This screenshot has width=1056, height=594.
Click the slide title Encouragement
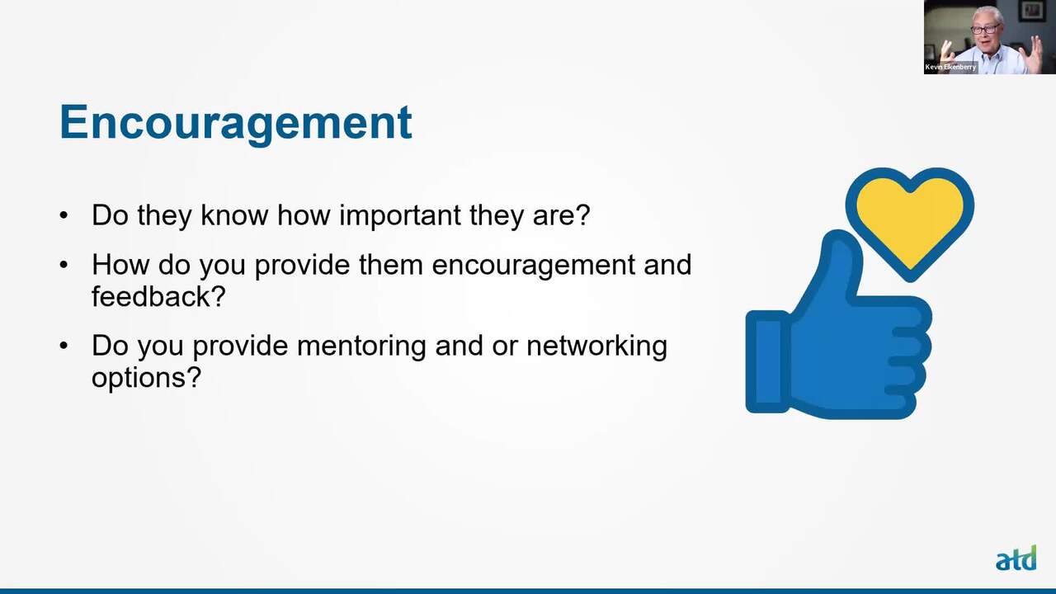[236, 123]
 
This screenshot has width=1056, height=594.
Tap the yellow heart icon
[910, 223]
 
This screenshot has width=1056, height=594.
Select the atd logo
[1016, 559]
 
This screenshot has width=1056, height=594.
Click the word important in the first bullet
[400, 215]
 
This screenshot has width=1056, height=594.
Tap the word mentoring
[361, 346]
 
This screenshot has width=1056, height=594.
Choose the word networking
[596, 346]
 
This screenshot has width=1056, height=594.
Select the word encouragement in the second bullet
[533, 265]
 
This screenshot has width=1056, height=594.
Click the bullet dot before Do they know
[64, 215]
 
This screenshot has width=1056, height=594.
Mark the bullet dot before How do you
[64, 265]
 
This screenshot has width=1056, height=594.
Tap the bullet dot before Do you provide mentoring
[64, 346]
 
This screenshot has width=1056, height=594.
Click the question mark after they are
[583, 214]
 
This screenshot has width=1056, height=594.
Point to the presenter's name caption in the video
[950, 67]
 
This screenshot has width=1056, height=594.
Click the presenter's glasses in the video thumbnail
[985, 30]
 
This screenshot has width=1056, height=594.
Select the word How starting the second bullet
[120, 265]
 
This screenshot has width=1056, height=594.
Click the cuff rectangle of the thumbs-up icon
[767, 361]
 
